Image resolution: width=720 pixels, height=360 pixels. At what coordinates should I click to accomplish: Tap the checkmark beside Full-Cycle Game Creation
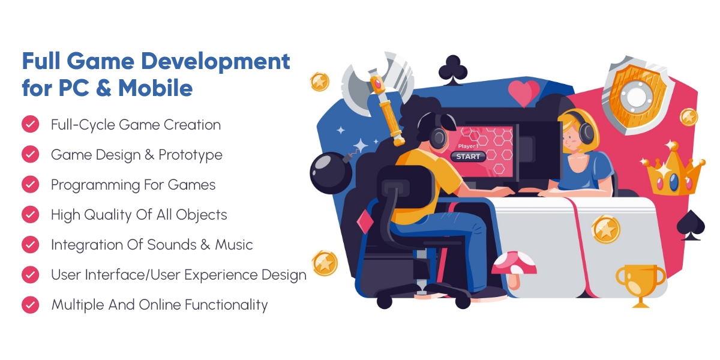[30, 125]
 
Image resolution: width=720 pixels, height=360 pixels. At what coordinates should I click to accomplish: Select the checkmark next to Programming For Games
[30, 185]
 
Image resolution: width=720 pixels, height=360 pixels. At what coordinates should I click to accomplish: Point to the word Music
[232, 245]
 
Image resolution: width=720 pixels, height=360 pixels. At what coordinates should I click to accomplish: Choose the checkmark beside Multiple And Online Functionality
[30, 305]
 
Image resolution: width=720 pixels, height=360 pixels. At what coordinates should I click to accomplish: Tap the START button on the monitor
[468, 157]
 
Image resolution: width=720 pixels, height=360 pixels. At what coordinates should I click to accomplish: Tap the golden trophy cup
[641, 283]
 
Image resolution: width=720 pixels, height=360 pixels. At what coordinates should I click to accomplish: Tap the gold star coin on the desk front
[605, 230]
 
